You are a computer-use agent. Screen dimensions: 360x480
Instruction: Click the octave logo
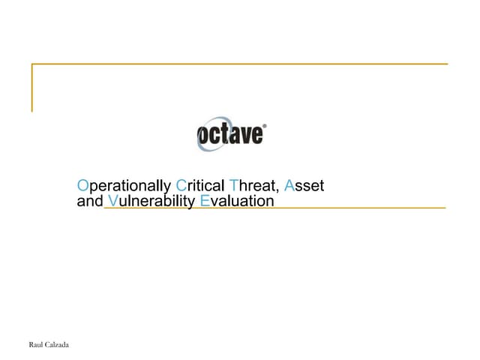(231, 135)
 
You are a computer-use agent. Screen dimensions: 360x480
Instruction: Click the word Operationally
(124, 184)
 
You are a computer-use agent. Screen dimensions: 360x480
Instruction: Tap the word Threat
(255, 184)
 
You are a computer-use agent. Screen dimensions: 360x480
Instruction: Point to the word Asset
(304, 184)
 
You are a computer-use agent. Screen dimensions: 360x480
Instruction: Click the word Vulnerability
(152, 201)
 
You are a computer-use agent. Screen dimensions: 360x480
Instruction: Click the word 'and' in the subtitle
(90, 201)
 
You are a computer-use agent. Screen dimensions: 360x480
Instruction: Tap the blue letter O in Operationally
(82, 184)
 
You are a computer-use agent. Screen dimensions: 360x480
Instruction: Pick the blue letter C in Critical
(181, 184)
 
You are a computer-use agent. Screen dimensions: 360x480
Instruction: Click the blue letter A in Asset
(289, 184)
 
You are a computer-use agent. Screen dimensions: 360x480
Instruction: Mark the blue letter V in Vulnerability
(112, 201)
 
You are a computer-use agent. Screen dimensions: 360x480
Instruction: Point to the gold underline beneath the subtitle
(337, 208)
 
